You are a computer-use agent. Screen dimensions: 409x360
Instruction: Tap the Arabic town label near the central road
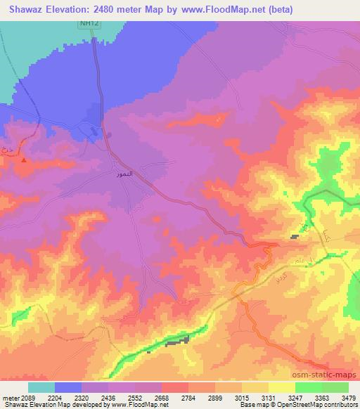click(124, 172)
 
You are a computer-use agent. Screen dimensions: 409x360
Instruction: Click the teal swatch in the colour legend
click(41, 387)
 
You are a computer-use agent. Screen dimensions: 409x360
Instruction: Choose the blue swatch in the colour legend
click(68, 387)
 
